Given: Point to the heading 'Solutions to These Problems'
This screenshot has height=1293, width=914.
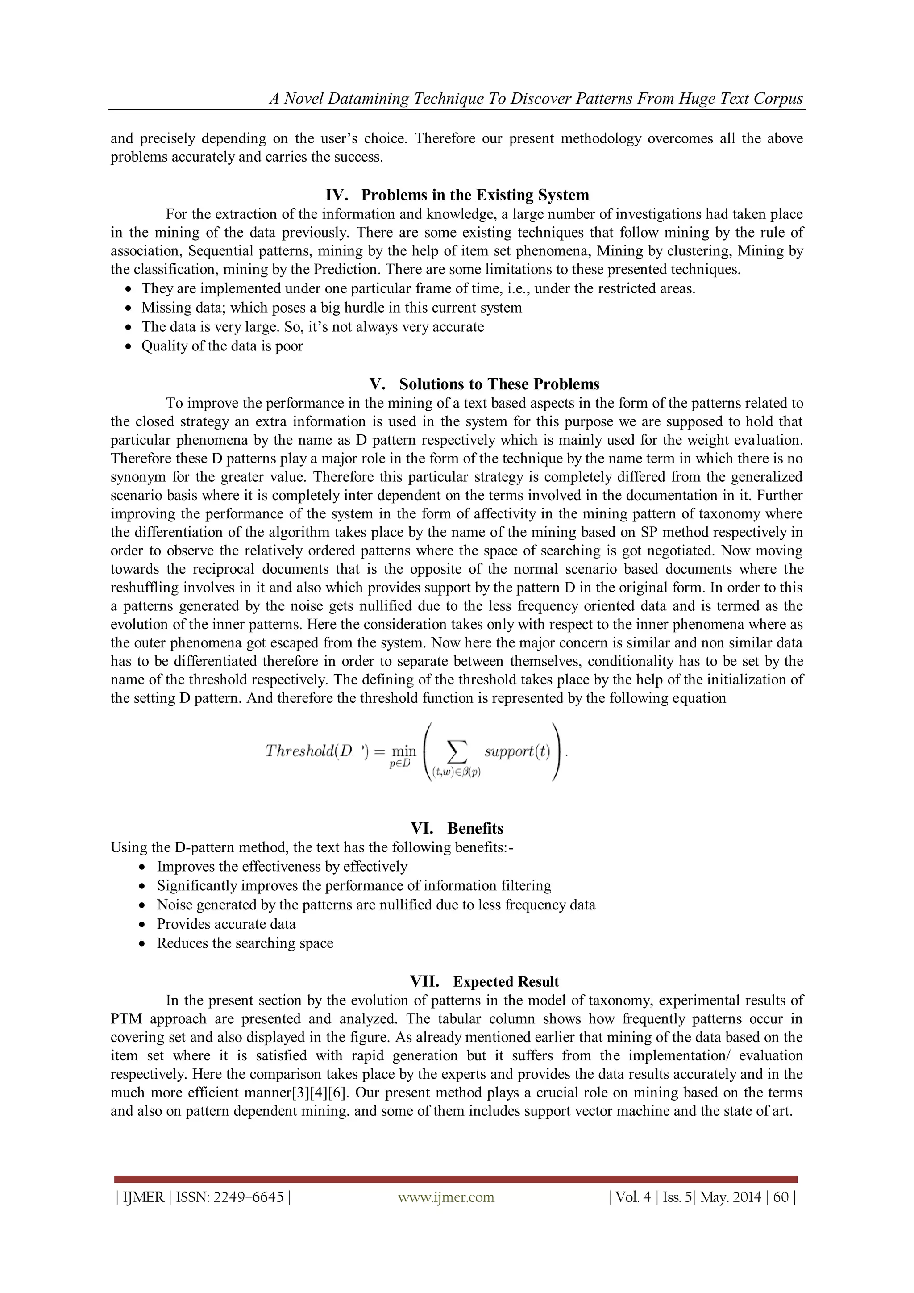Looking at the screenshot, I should pyautogui.click(x=499, y=384).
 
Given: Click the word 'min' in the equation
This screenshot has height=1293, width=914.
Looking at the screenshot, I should pyautogui.click(x=403, y=751).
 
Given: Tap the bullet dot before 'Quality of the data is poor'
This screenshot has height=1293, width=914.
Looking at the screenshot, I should pyautogui.click(x=129, y=347).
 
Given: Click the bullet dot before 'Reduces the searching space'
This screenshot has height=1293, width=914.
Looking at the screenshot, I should pyautogui.click(x=145, y=944).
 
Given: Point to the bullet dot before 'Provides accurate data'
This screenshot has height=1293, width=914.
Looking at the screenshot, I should pyautogui.click(x=145, y=925).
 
